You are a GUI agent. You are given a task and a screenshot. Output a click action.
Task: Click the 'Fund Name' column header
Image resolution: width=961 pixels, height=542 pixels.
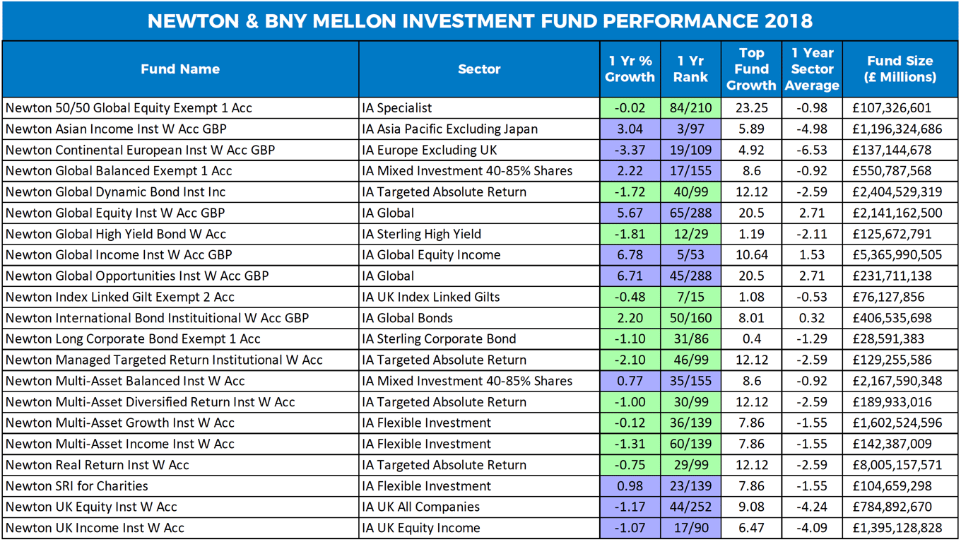[180, 69]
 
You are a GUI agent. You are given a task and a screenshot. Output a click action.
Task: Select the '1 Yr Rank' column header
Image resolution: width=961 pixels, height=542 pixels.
[690, 69]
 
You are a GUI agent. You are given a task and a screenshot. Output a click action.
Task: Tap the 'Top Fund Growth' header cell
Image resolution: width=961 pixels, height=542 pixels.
[751, 69]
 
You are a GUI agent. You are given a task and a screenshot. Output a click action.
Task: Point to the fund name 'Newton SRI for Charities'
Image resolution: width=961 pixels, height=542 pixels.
[77, 486]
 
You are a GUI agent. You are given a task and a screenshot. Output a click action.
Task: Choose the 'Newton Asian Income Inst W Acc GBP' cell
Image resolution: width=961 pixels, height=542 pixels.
[116, 129]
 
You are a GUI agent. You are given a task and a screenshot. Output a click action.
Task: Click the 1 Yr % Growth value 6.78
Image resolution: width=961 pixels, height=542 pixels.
[630, 255]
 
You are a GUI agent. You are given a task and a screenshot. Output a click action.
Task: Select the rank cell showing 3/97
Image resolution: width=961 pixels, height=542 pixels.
[690, 129]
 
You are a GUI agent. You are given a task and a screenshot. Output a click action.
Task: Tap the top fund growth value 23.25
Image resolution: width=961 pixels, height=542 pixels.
[751, 108]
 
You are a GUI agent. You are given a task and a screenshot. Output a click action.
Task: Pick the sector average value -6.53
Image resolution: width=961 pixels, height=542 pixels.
[812, 150]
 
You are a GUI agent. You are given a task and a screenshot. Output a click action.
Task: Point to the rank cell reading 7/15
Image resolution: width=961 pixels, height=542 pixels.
[690, 297]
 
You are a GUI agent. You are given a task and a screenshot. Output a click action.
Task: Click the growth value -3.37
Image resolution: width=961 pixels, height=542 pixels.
[630, 150]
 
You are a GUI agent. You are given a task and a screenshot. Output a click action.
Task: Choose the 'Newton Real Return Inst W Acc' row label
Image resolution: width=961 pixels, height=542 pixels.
[98, 465]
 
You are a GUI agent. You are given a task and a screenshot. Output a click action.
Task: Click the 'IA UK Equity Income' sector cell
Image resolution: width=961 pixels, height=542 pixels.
[421, 528]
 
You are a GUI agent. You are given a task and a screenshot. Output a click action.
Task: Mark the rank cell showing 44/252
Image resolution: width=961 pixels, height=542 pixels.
[690, 507]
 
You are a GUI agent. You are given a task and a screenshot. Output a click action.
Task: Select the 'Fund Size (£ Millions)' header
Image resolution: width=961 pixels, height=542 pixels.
[900, 69]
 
